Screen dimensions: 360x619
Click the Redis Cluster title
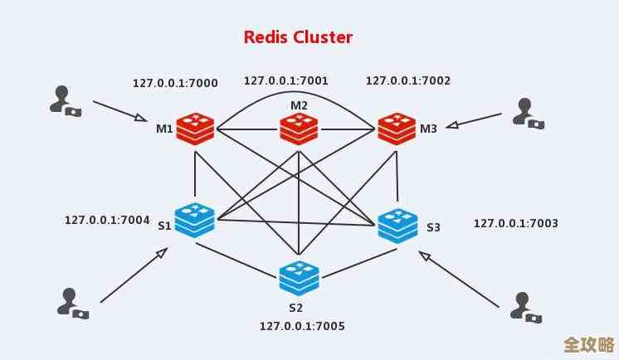[298, 37]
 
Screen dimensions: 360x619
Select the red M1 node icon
[195, 129]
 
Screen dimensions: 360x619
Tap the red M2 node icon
[299, 129]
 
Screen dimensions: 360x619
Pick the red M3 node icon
[397, 129]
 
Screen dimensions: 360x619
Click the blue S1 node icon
[195, 220]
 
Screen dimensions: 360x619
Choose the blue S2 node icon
[299, 278]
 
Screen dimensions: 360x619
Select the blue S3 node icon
[397, 225]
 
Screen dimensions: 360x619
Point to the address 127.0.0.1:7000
[175, 83]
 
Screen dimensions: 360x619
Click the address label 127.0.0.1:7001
[285, 80]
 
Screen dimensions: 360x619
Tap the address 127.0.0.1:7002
[407, 80]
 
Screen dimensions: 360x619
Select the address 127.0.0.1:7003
[515, 223]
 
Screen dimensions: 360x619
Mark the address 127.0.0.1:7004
[107, 220]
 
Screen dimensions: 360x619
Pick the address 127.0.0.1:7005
[302, 326]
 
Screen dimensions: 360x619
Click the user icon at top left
[64, 100]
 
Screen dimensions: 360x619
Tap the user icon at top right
[528, 113]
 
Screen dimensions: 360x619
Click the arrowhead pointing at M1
[141, 119]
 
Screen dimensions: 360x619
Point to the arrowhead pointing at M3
[452, 126]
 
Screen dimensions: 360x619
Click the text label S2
[296, 308]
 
